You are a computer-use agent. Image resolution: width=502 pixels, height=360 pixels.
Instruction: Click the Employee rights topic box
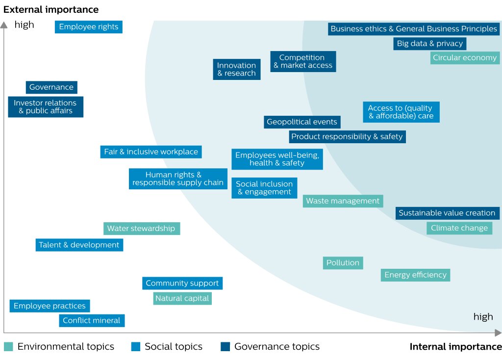click(89, 27)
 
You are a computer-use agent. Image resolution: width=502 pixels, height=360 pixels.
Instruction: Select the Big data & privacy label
click(429, 44)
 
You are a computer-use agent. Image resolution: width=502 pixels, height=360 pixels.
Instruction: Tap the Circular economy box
click(465, 58)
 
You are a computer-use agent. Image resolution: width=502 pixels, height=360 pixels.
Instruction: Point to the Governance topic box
click(51, 87)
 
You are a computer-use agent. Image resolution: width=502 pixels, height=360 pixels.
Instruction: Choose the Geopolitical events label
click(302, 122)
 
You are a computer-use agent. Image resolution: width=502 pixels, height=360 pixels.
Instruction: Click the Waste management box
click(343, 201)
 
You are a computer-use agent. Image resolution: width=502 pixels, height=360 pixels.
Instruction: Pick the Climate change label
click(459, 228)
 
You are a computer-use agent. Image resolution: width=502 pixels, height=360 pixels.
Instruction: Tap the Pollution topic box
click(343, 263)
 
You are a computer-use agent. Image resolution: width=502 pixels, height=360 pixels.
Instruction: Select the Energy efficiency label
click(416, 275)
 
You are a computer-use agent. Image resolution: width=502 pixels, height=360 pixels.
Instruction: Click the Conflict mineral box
click(92, 321)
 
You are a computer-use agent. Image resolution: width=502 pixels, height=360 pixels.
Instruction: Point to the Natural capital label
click(182, 299)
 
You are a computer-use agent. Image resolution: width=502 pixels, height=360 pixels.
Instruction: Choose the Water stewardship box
click(142, 229)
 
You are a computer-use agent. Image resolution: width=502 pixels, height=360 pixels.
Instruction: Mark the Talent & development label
click(79, 245)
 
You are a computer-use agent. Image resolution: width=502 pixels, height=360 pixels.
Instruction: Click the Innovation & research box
click(237, 69)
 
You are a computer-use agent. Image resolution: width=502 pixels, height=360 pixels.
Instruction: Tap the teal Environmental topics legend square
click(8, 347)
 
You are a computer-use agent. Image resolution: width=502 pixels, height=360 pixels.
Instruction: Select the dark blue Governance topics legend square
click(226, 347)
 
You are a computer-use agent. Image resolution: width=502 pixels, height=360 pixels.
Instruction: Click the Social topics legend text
click(174, 347)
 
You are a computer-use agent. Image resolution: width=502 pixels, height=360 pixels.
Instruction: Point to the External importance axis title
click(51, 10)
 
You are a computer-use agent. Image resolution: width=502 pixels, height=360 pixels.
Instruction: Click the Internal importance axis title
click(455, 347)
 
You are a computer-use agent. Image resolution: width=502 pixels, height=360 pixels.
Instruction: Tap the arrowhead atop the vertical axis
click(4, 25)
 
